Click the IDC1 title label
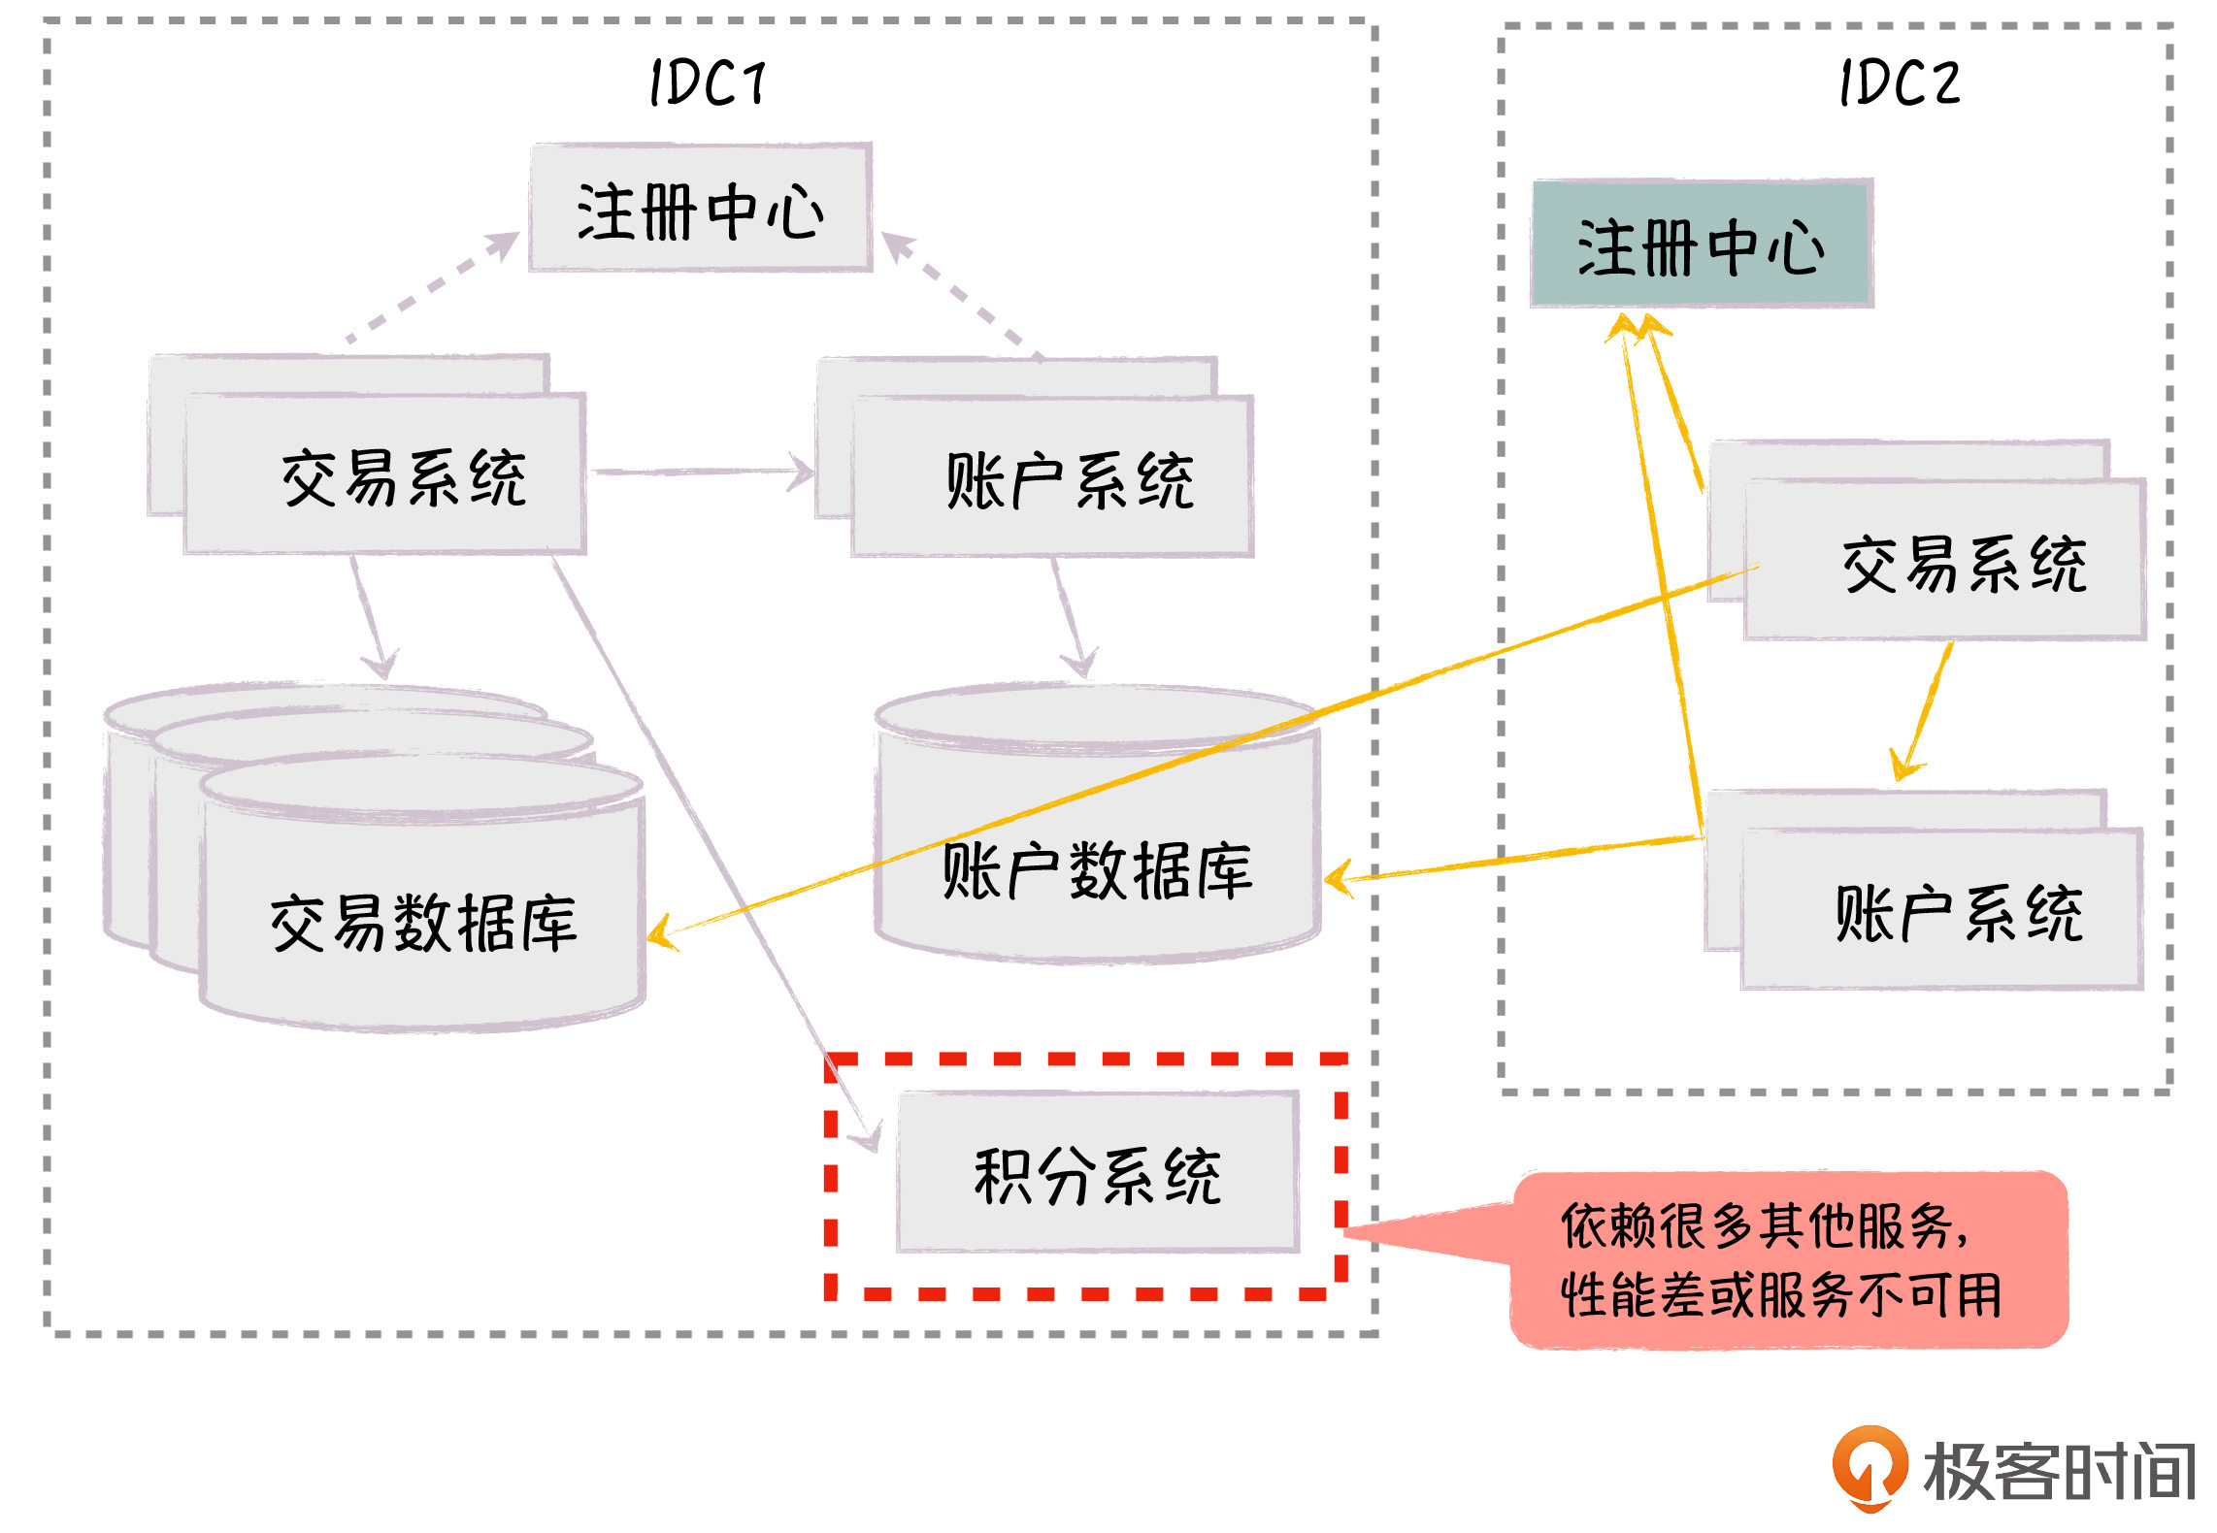tap(708, 82)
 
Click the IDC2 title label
tap(1900, 82)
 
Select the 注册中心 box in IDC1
tap(700, 209)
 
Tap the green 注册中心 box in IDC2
tap(1702, 245)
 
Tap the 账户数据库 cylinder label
tap(1097, 870)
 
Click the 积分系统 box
tap(1098, 1173)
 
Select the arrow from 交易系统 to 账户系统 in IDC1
tap(704, 473)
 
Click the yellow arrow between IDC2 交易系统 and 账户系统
tap(1925, 708)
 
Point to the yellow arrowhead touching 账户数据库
tap(1339, 878)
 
